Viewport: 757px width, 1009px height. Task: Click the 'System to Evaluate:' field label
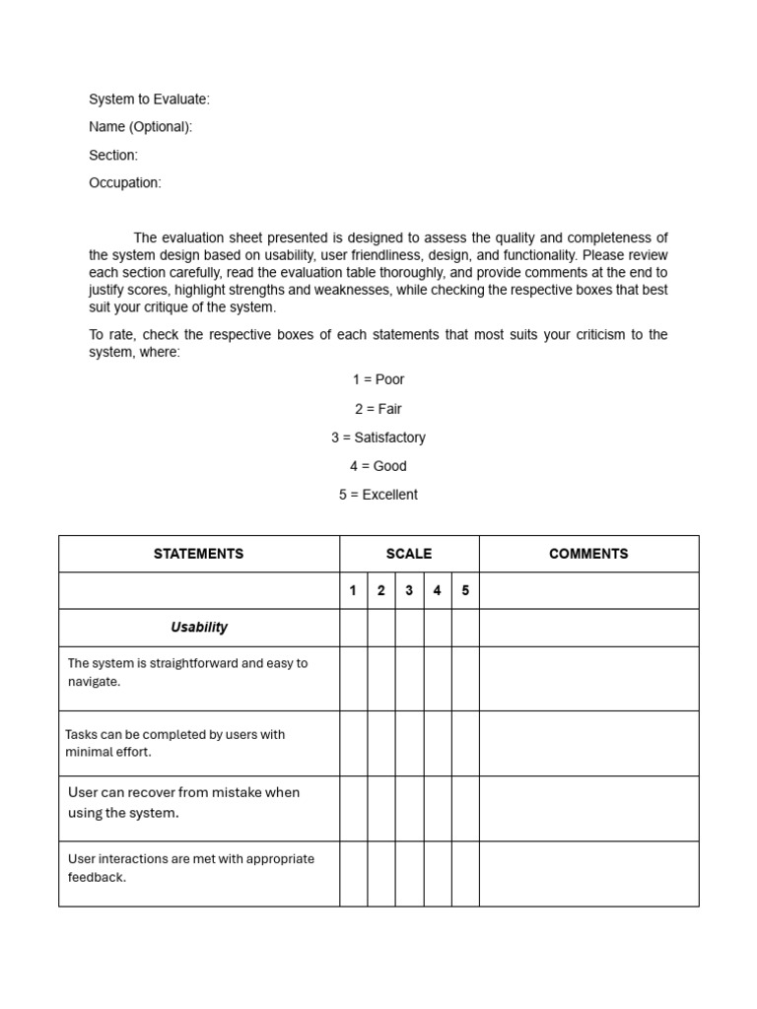[x=149, y=99]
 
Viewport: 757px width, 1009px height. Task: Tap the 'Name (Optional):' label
[x=140, y=127]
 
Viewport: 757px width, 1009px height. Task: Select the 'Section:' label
[x=113, y=155]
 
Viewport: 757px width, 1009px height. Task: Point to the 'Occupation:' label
[x=124, y=183]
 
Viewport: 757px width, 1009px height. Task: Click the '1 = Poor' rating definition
[x=378, y=379]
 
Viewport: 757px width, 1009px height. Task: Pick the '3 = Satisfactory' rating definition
[x=378, y=437]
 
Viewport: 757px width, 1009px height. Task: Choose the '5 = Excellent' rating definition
[x=378, y=495]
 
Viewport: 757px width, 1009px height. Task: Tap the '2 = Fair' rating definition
[x=378, y=409]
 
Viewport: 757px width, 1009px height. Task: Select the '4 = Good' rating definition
[x=378, y=466]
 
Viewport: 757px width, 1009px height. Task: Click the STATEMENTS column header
[x=198, y=554]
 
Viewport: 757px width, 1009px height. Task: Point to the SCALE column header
[x=409, y=554]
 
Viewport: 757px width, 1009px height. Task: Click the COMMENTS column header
[x=588, y=554]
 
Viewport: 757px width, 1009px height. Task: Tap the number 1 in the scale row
[x=353, y=591]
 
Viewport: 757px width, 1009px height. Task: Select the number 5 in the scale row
[x=465, y=591]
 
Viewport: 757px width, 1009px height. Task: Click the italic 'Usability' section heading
[x=198, y=628]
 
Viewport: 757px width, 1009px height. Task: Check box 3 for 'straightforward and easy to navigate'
[x=409, y=679]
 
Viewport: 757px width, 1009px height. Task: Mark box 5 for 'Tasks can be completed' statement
[x=465, y=743]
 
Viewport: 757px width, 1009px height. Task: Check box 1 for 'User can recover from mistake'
[x=353, y=808]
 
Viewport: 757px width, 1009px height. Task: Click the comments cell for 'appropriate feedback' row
[x=588, y=873]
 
